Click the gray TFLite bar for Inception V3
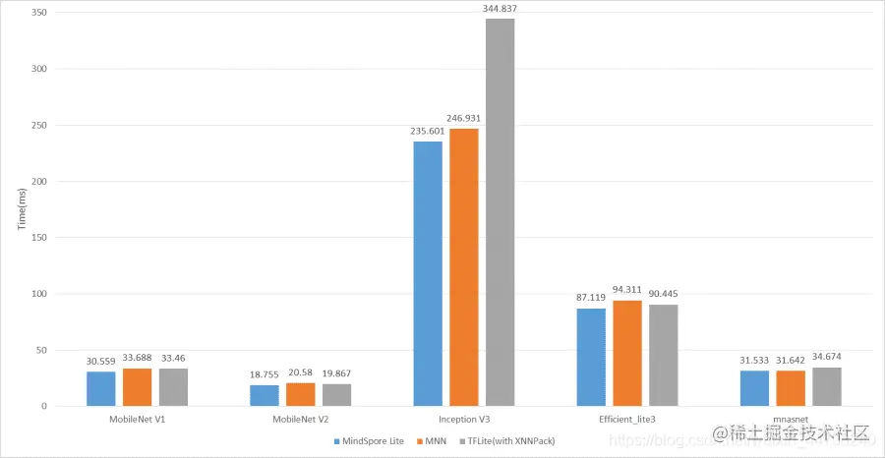[x=500, y=212]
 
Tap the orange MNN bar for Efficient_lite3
[x=626, y=353]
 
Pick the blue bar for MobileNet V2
[x=265, y=395]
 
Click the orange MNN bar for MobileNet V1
[x=137, y=386]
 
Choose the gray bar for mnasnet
[x=827, y=386]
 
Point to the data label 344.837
[x=500, y=9]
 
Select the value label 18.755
[x=265, y=374]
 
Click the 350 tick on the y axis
[x=40, y=14]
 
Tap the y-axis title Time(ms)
[x=21, y=209]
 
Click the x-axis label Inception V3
[x=464, y=420]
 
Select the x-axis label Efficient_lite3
[x=626, y=420]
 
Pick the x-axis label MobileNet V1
[x=137, y=420]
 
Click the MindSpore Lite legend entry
[x=370, y=441]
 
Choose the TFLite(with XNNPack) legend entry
[x=509, y=441]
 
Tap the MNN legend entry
[x=435, y=441]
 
